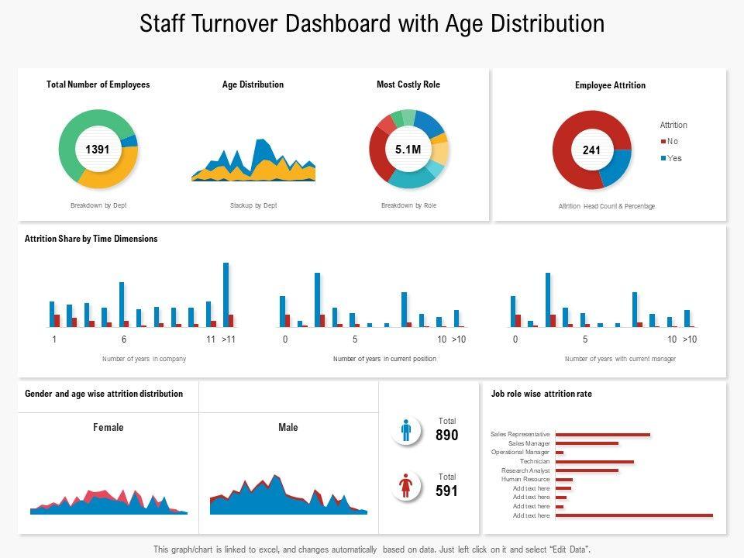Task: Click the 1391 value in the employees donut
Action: (98, 150)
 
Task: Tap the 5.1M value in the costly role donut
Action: (408, 150)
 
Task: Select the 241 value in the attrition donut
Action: (591, 150)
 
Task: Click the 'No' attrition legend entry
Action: (672, 141)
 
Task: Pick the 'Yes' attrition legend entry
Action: (673, 158)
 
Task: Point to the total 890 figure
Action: (446, 436)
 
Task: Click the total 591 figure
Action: (446, 491)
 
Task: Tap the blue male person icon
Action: (406, 430)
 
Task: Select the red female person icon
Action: (406, 486)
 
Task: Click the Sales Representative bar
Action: (603, 435)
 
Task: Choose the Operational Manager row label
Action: (520, 452)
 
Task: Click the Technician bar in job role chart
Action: (594, 462)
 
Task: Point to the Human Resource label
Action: (525, 480)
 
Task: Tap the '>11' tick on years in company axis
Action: (229, 339)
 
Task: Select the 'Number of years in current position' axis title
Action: (384, 359)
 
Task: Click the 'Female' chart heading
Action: (108, 427)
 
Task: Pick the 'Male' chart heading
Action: (288, 427)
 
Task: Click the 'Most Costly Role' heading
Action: (408, 84)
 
